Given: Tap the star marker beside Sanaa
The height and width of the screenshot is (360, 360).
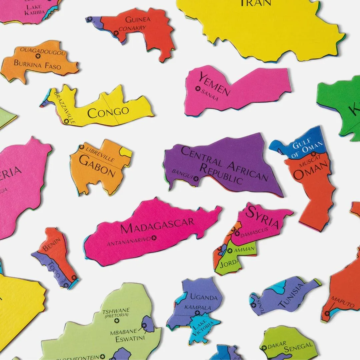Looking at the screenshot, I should point(198,88).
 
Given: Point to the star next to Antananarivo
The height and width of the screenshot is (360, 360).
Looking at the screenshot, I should point(154,238).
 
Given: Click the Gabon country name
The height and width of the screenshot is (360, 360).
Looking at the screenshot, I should point(97,166).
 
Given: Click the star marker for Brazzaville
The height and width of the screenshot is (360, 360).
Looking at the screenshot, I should point(66,121).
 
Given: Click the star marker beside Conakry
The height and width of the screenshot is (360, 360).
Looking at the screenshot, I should point(116,33).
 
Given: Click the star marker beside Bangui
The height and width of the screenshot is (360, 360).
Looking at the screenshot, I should point(196,179).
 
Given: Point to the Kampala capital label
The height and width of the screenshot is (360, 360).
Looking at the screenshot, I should point(198,307).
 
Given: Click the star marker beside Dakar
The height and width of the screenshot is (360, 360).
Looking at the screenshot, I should point(264,348).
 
